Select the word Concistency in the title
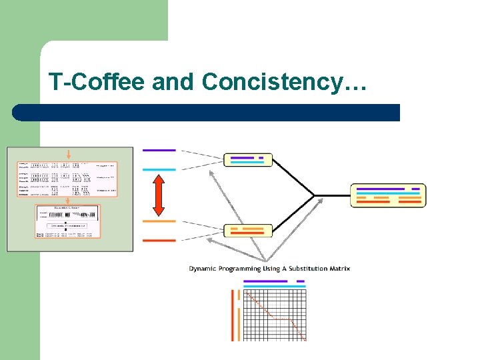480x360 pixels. tap(275, 82)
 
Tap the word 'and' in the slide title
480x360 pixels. tap(174, 82)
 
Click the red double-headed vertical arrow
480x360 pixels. tap(159, 195)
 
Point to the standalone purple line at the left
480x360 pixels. tap(159, 151)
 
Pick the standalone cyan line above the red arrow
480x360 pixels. tap(159, 169)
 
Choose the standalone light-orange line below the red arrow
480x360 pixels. tap(159, 221)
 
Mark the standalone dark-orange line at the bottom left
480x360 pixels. tap(159, 240)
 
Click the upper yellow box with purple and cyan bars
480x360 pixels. tap(248, 160)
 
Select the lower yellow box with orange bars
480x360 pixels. tap(248, 231)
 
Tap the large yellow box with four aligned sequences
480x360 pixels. tap(388, 195)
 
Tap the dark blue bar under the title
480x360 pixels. tap(207, 113)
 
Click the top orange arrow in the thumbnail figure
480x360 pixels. tap(68, 153)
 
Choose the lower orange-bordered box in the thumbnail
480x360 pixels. tap(69, 221)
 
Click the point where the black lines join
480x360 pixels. tap(314, 195)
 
